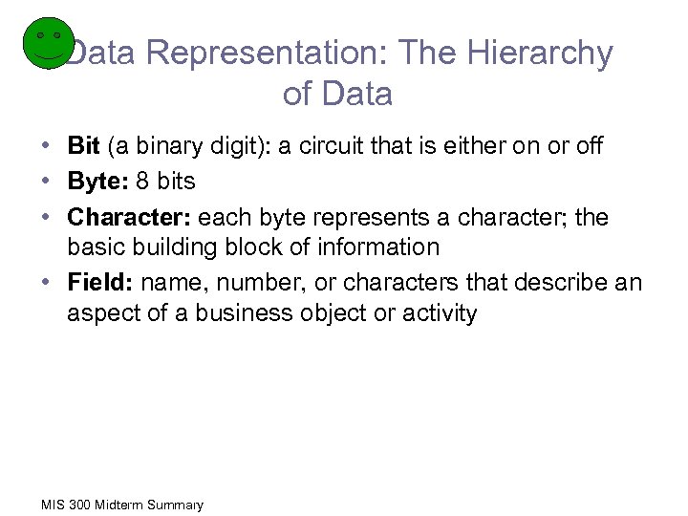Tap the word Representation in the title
pyautogui.click(x=252, y=54)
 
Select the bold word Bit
pyautogui.click(x=84, y=146)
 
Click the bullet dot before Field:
pyautogui.click(x=45, y=283)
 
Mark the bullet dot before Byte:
pyautogui.click(x=45, y=182)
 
